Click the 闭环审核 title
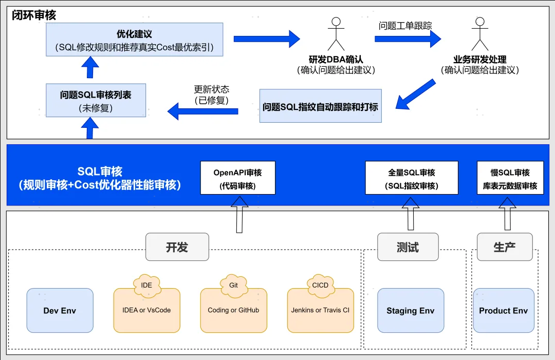tap(34, 15)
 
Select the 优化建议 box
tap(134, 40)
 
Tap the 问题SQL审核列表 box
tap(96, 100)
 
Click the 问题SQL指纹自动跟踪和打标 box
tap(320, 106)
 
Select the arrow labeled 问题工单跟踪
tap(408, 39)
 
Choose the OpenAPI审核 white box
tap(237, 178)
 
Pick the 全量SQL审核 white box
tap(411, 178)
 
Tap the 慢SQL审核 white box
tap(510, 178)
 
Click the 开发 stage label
tap(177, 247)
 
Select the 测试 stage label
tap(408, 247)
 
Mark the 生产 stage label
tap(504, 247)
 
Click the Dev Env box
tap(60, 310)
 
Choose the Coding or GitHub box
tap(233, 310)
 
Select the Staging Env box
tap(410, 310)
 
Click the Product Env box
tap(503, 310)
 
